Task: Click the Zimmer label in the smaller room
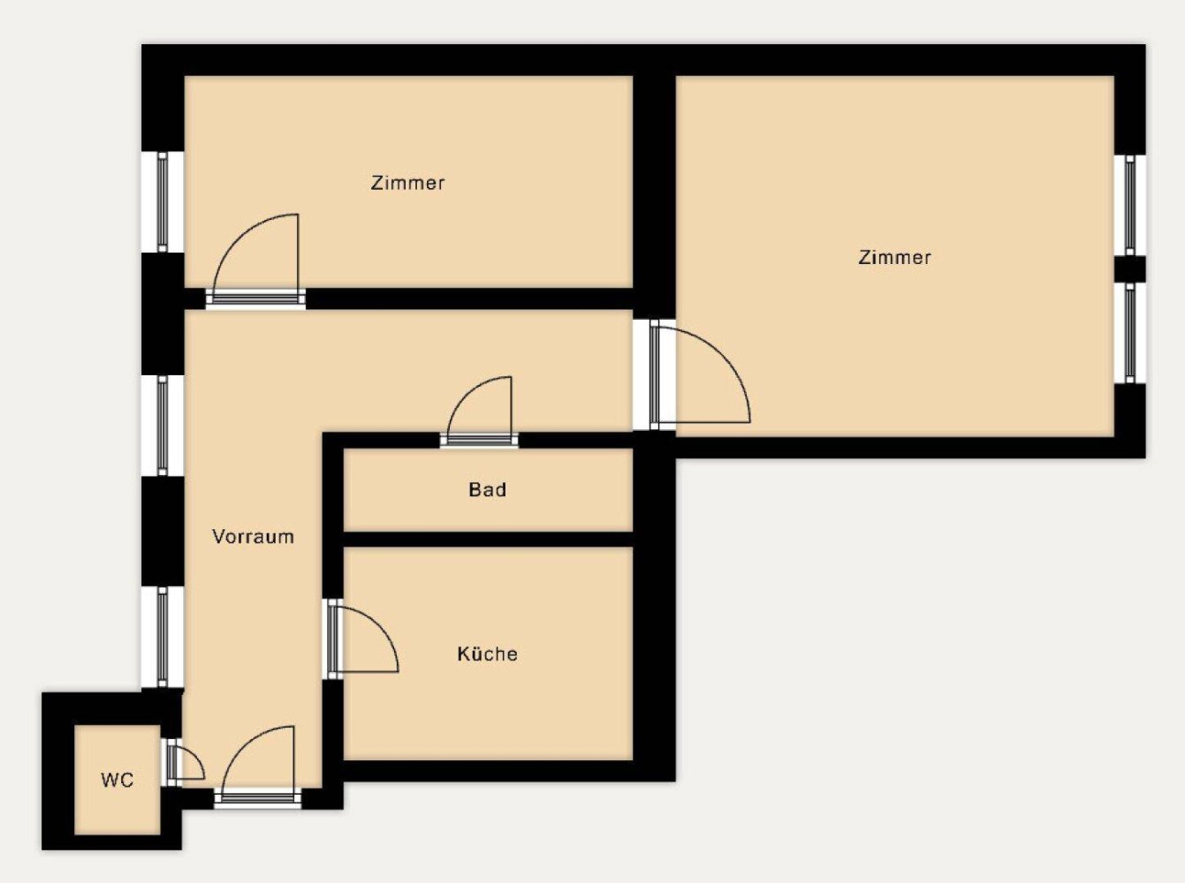point(407,183)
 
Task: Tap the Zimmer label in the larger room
point(894,257)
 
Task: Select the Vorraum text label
point(253,536)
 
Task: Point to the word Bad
point(487,489)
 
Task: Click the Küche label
point(487,653)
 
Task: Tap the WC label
point(117,780)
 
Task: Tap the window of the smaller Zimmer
point(163,201)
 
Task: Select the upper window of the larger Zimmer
point(1129,205)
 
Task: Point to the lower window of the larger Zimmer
point(1129,332)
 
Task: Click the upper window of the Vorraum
point(163,425)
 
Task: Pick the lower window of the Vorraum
point(163,636)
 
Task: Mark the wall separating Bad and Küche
point(487,539)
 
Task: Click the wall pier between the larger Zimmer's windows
point(1129,268)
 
